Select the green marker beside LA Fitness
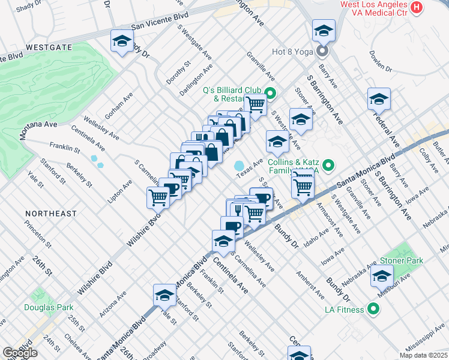pyautogui.click(x=373, y=310)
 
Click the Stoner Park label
pyautogui.click(x=402, y=260)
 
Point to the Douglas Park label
pyautogui.click(x=49, y=308)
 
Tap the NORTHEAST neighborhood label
pyautogui.click(x=50, y=214)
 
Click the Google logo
pyautogui.click(x=20, y=353)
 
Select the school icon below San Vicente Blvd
pyautogui.click(x=122, y=42)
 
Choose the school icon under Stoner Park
pyautogui.click(x=382, y=277)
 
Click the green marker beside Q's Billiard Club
pyautogui.click(x=270, y=94)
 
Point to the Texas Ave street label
pyautogui.click(x=249, y=168)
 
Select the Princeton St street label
pyautogui.click(x=41, y=232)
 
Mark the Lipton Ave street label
pyautogui.click(x=127, y=190)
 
